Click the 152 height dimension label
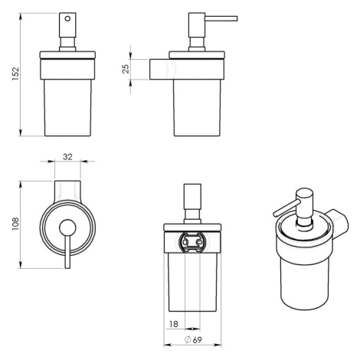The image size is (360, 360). [x=15, y=74]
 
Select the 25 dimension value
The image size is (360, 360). [x=126, y=69]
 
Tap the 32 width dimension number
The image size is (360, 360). [x=67, y=157]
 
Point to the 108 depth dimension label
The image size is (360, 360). [x=15, y=224]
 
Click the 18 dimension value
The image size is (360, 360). [x=174, y=324]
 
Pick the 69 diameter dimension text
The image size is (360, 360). [x=197, y=340]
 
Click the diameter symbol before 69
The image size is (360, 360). [x=188, y=340]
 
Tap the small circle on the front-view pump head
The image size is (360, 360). [x=67, y=18]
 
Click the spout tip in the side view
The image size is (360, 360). [x=237, y=18]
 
